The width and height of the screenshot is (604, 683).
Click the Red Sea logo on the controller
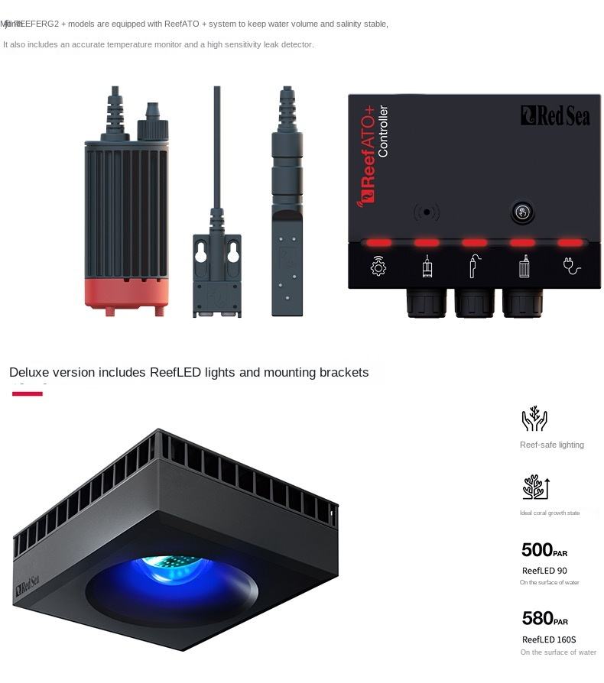[x=555, y=115]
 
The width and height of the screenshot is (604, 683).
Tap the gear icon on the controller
[x=378, y=267]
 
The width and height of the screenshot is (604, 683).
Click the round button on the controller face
[x=522, y=212]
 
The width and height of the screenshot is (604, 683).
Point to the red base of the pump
[x=126, y=293]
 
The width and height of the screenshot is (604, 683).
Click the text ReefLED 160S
[x=549, y=639]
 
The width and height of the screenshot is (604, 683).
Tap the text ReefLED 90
[x=544, y=571]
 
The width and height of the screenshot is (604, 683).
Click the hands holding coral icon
[x=534, y=419]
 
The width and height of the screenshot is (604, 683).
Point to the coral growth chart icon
[x=535, y=487]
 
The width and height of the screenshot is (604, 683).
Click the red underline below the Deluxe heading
[x=28, y=393]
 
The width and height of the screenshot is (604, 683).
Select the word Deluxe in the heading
[x=31, y=373]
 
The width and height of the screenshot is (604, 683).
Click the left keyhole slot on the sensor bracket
[x=201, y=252]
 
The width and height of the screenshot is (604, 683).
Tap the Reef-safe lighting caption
[x=551, y=445]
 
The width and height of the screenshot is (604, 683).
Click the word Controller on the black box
[x=384, y=131]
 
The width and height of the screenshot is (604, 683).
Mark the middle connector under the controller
[x=474, y=303]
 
